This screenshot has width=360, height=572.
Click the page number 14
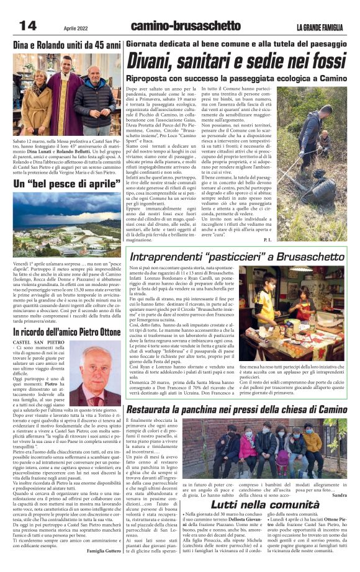29,25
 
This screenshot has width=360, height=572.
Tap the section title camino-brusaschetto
185,25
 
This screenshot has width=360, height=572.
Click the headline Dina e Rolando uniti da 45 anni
67,46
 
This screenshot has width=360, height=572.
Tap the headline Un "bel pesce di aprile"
67,184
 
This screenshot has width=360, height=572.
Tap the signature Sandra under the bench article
340,495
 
